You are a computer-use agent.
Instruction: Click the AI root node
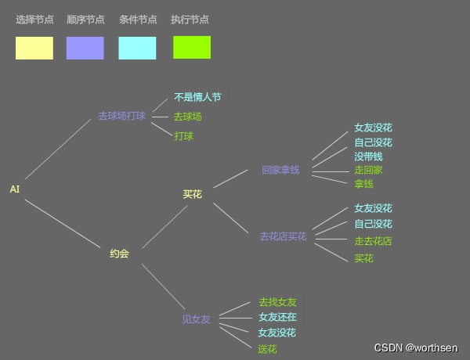click(x=15, y=189)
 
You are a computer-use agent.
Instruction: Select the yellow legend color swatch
click(x=34, y=48)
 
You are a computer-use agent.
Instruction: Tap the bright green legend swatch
click(x=192, y=48)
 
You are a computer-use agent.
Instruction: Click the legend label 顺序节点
click(x=85, y=20)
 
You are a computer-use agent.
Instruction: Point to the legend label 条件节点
click(x=138, y=20)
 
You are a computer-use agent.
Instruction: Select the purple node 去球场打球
click(x=121, y=116)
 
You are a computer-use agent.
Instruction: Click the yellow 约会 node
click(x=119, y=254)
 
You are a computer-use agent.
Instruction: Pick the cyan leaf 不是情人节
click(x=197, y=98)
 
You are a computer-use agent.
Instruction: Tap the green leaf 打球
click(x=183, y=136)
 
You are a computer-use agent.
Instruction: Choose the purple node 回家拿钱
click(x=280, y=170)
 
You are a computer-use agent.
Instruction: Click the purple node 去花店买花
click(x=284, y=236)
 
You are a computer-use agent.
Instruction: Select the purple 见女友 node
click(x=196, y=319)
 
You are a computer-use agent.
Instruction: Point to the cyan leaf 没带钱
click(x=368, y=157)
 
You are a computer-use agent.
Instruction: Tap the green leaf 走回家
click(x=368, y=170)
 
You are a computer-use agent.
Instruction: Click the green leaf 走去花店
click(x=373, y=241)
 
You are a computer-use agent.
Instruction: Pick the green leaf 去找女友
click(x=277, y=302)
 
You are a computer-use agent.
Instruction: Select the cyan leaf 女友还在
click(x=277, y=317)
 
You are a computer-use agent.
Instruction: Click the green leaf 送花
click(x=267, y=349)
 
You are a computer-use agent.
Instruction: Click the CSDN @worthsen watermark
click(x=416, y=347)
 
